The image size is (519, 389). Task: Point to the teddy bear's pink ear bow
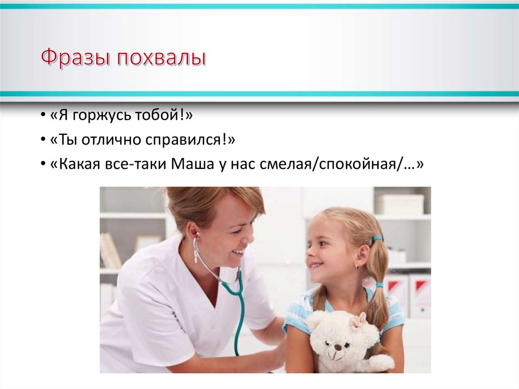point(360,320)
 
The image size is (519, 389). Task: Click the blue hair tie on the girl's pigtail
point(377,238)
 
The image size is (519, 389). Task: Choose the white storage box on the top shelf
point(399,204)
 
